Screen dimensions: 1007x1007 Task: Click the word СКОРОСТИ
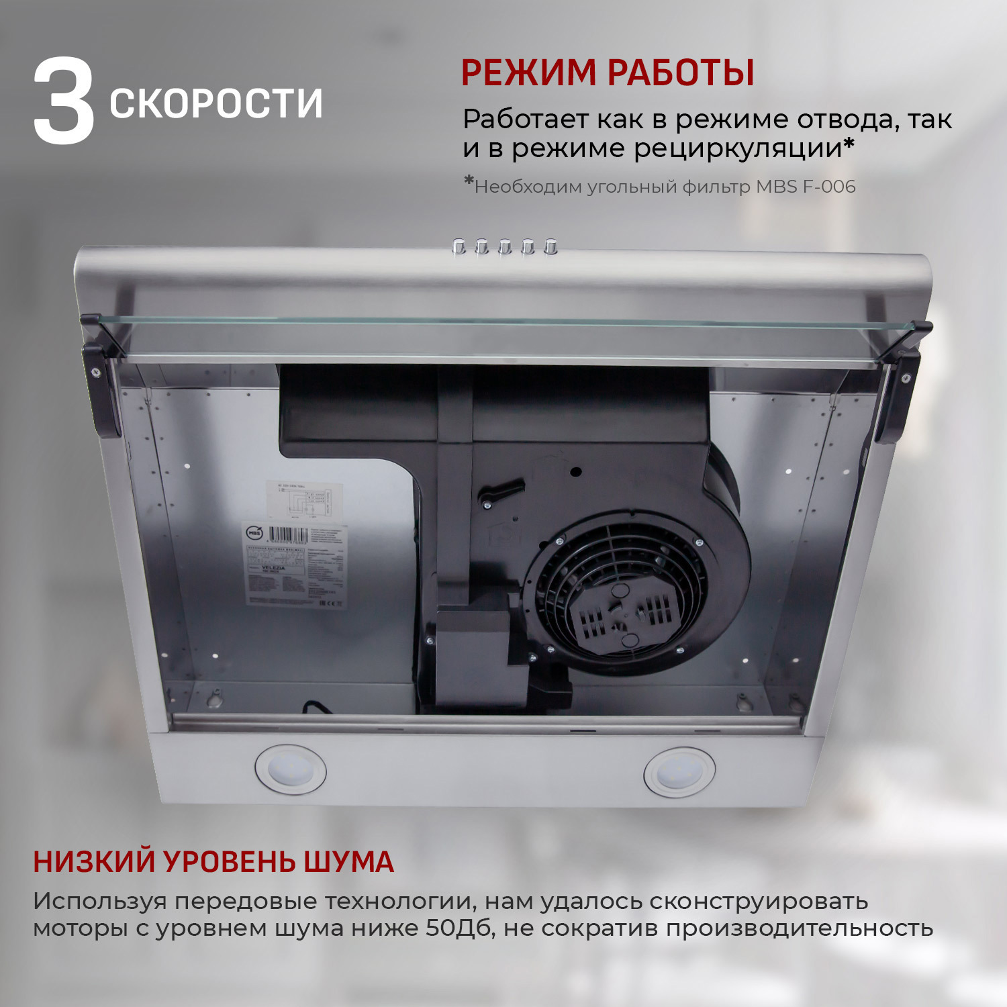216,103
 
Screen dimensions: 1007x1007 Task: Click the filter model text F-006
829,187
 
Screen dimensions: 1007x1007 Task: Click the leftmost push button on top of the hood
460,246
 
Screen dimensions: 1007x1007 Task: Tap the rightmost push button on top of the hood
551,247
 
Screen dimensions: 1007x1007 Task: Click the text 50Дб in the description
460,928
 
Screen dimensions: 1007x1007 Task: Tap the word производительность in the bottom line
800,928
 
